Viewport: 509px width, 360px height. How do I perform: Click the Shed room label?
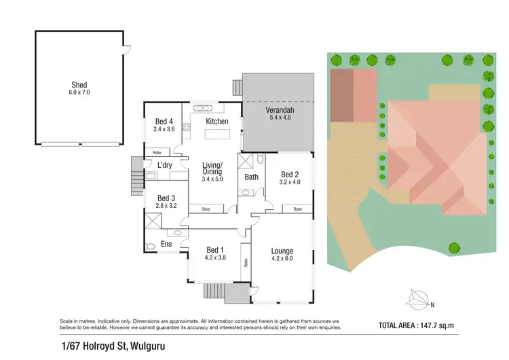(79, 85)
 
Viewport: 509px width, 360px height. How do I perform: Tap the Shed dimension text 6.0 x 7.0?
(79, 92)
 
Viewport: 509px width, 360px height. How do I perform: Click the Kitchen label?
(217, 122)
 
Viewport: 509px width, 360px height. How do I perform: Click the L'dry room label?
(164, 165)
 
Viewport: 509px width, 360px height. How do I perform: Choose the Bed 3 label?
(166, 198)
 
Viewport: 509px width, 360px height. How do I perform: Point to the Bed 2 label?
(290, 174)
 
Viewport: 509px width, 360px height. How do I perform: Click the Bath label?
(250, 177)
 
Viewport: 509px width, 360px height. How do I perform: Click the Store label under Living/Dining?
(205, 209)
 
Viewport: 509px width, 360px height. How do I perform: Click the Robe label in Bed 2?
(297, 209)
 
